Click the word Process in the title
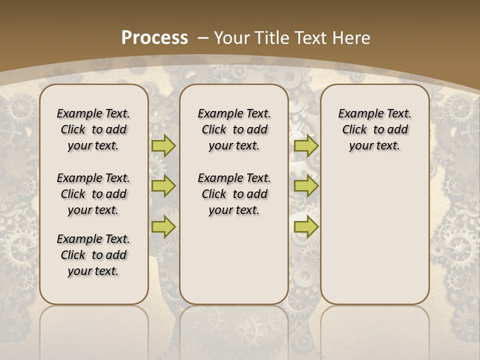pos(154,38)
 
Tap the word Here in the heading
pos(352,38)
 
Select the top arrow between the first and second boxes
pos(163,145)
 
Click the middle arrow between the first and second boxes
pos(163,186)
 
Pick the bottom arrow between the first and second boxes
pos(163,226)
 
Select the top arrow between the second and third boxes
pos(306,145)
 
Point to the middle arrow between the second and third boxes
pos(306,186)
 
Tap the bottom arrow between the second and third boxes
pos(306,226)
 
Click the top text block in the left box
pos(93,129)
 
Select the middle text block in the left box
pos(93,194)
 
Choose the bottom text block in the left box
pos(93,255)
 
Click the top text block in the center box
pos(234,129)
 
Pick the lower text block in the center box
pos(234,194)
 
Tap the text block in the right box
pos(374,129)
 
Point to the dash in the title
pos(203,38)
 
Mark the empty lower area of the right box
pos(374,230)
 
